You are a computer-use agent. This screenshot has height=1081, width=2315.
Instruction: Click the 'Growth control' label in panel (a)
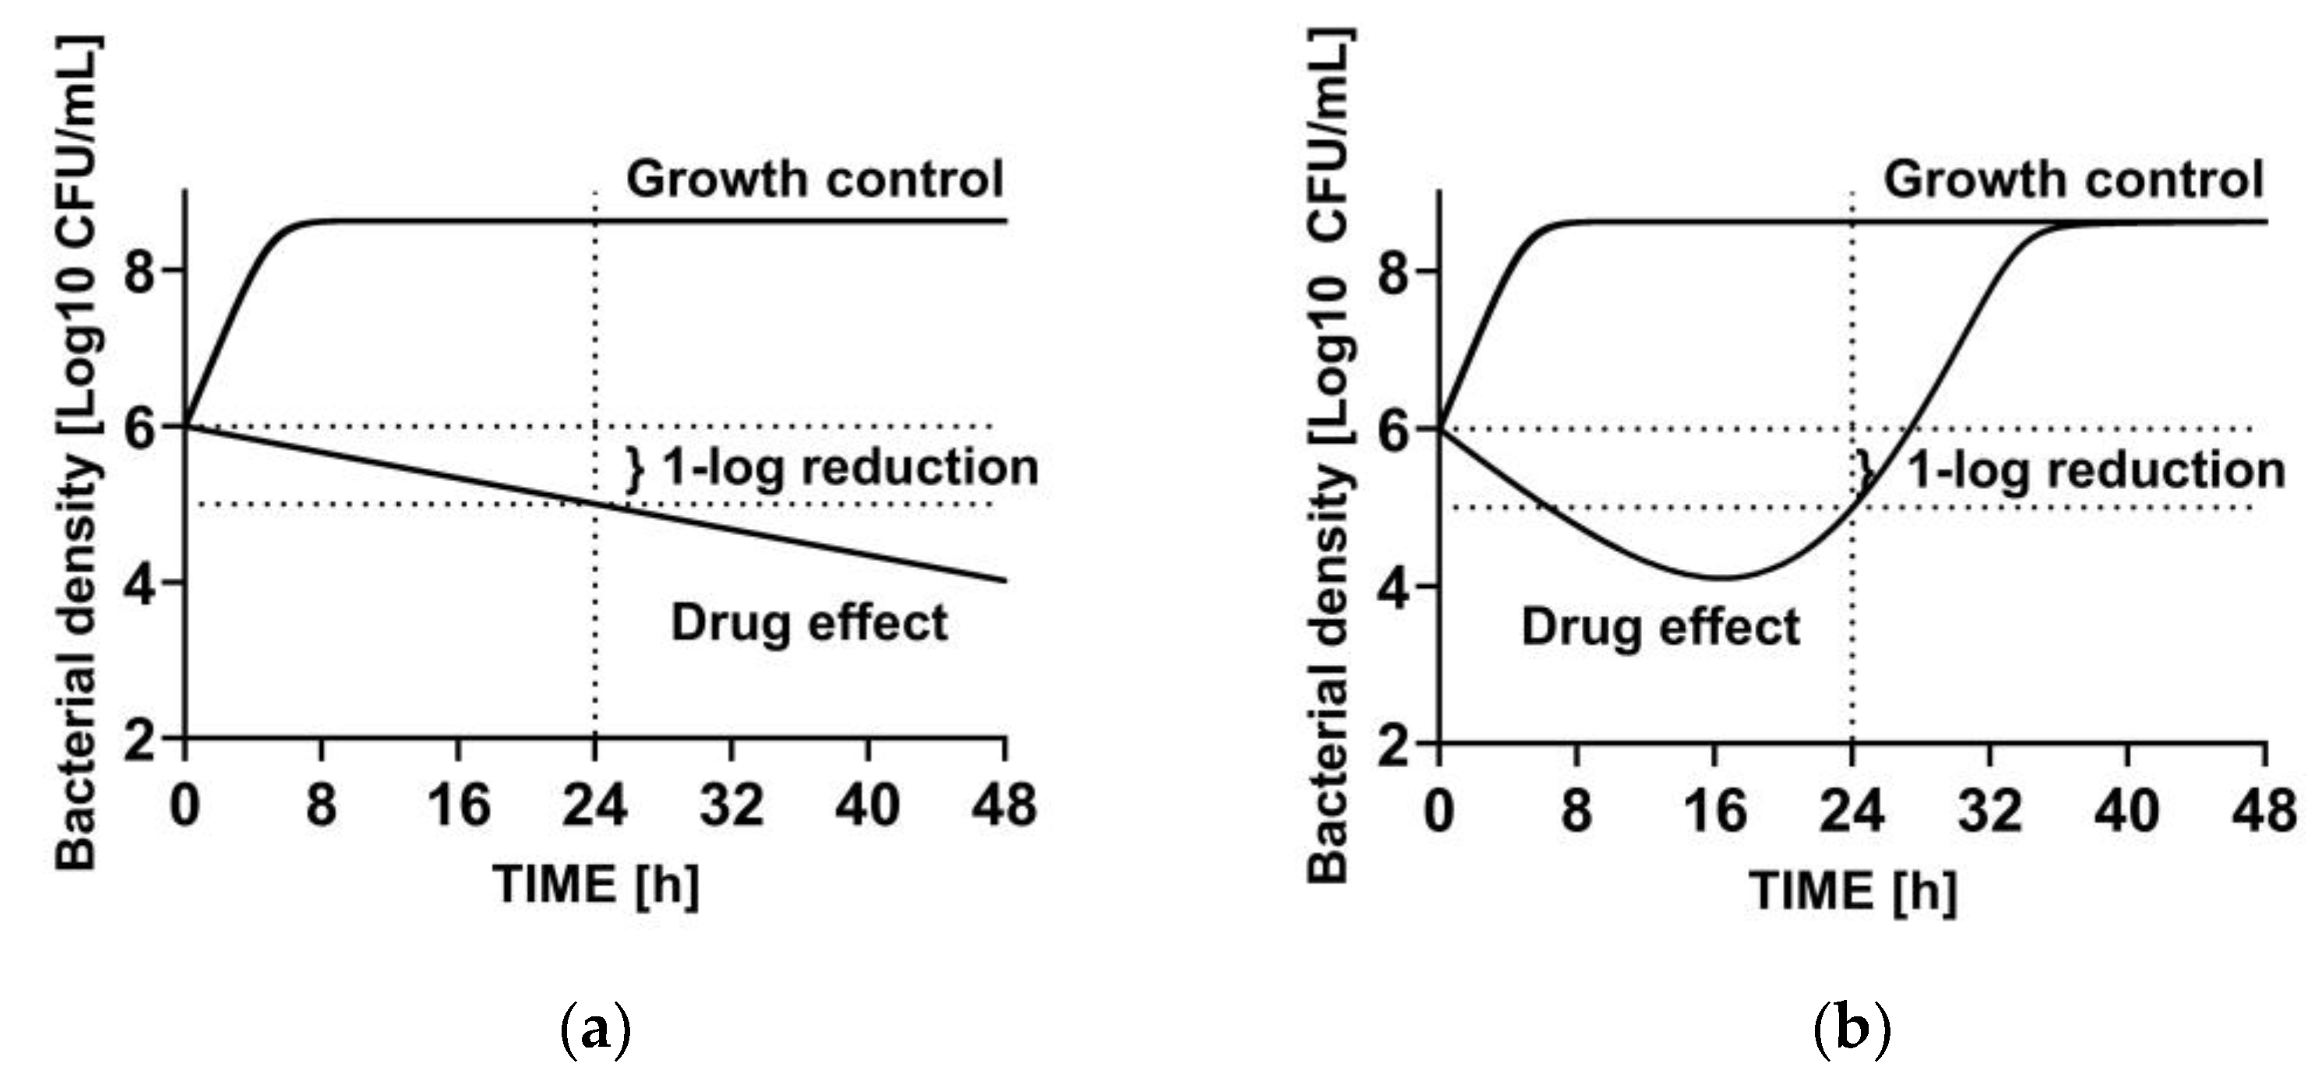[814, 179]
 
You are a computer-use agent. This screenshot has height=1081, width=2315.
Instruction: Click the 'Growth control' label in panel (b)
[2072, 179]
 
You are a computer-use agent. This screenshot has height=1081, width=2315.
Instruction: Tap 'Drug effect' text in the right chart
[1660, 626]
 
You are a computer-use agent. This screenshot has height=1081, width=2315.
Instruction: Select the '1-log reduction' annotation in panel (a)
[848, 467]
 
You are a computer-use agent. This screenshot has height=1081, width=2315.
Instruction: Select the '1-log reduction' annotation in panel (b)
[2094, 470]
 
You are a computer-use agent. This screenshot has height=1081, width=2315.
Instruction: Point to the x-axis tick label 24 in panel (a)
[594, 805]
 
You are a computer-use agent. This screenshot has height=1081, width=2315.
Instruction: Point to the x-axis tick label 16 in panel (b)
[1714, 811]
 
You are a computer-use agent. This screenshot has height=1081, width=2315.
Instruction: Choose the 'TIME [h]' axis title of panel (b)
[1852, 893]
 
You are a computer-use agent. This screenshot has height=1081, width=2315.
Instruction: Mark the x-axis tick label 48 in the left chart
[1004, 805]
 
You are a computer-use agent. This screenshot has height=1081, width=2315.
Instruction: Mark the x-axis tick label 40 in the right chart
[2126, 811]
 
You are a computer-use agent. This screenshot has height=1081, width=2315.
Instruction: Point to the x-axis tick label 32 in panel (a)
[731, 805]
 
